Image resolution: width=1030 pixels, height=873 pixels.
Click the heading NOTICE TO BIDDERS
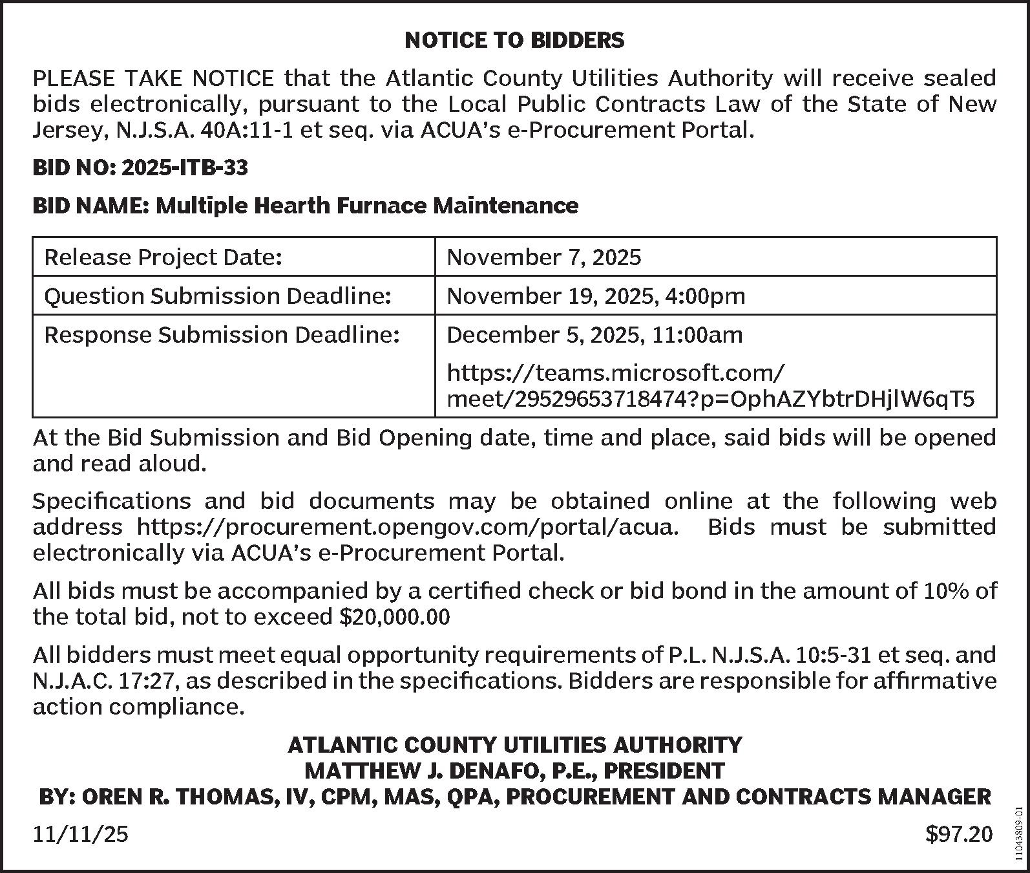pos(514,40)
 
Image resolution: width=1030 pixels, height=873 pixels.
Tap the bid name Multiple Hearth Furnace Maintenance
pos(367,206)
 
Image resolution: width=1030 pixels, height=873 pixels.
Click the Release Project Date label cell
pos(163,257)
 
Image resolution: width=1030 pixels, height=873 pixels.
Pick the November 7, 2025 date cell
pos(544,257)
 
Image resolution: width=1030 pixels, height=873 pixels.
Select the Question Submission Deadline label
pos(218,296)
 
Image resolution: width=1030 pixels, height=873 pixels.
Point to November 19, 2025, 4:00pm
pos(596,296)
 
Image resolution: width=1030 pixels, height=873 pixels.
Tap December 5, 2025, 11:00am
pos(594,335)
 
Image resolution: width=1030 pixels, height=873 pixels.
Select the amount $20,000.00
pos(394,617)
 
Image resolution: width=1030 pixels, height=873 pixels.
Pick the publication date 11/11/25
pos(81,834)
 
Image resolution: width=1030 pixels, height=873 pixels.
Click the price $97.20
pos(959,834)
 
